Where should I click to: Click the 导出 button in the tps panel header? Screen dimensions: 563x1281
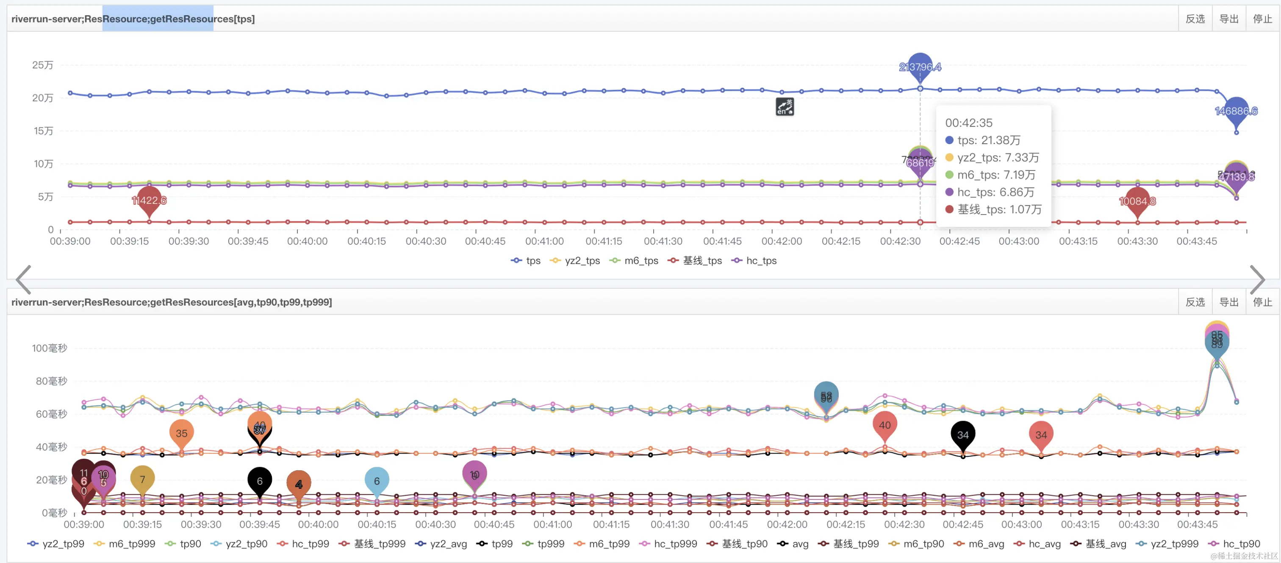click(x=1229, y=19)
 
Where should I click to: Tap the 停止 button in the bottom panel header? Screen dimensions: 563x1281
click(x=1262, y=302)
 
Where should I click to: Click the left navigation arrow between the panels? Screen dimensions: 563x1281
click(x=23, y=279)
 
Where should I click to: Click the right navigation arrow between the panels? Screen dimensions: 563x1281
click(x=1257, y=279)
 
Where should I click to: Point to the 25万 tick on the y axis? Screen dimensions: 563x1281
click(x=43, y=65)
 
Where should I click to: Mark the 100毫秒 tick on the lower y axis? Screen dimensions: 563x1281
click(x=49, y=348)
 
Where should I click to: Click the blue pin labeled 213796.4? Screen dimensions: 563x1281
click(x=920, y=66)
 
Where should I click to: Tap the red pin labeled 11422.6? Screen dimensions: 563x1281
click(x=149, y=200)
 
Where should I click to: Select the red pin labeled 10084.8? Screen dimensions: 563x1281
click(x=1137, y=201)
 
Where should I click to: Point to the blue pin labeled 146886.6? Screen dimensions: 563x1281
click(x=1236, y=111)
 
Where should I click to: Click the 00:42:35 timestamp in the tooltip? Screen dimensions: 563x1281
click(x=968, y=123)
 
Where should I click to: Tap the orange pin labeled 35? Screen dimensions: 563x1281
click(x=181, y=433)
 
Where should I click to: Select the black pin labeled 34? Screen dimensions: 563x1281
click(x=963, y=435)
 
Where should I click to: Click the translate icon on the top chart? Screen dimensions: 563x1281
click(x=785, y=106)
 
